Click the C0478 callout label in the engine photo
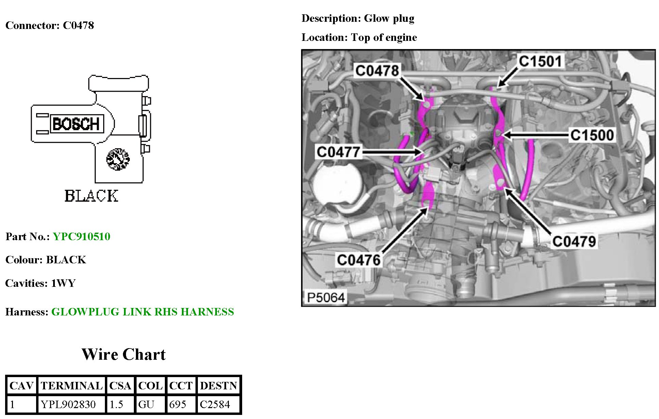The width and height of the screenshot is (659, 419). click(377, 71)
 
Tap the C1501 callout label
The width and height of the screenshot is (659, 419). click(540, 61)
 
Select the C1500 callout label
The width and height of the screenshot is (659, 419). click(592, 135)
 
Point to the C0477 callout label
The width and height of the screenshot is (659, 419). click(338, 152)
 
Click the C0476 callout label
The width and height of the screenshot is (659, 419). click(359, 260)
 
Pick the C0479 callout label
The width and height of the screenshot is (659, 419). click(574, 242)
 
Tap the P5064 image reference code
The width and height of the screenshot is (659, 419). click(326, 297)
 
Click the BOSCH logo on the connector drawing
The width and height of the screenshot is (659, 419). click(76, 124)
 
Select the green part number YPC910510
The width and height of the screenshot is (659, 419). click(81, 236)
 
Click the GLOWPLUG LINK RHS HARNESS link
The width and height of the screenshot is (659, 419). click(142, 312)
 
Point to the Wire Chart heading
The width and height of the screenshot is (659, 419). click(124, 354)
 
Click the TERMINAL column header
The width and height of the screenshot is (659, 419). click(72, 386)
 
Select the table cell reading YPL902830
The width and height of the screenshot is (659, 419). click(68, 404)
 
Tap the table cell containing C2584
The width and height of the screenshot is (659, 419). click(215, 404)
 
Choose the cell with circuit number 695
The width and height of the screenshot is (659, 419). click(177, 404)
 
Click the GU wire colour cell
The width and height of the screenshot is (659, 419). click(146, 404)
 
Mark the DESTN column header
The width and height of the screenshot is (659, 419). click(218, 386)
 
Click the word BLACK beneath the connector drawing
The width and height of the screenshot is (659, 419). click(91, 196)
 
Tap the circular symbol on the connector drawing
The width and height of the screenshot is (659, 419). click(118, 159)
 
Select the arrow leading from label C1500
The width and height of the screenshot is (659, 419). click(536, 135)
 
